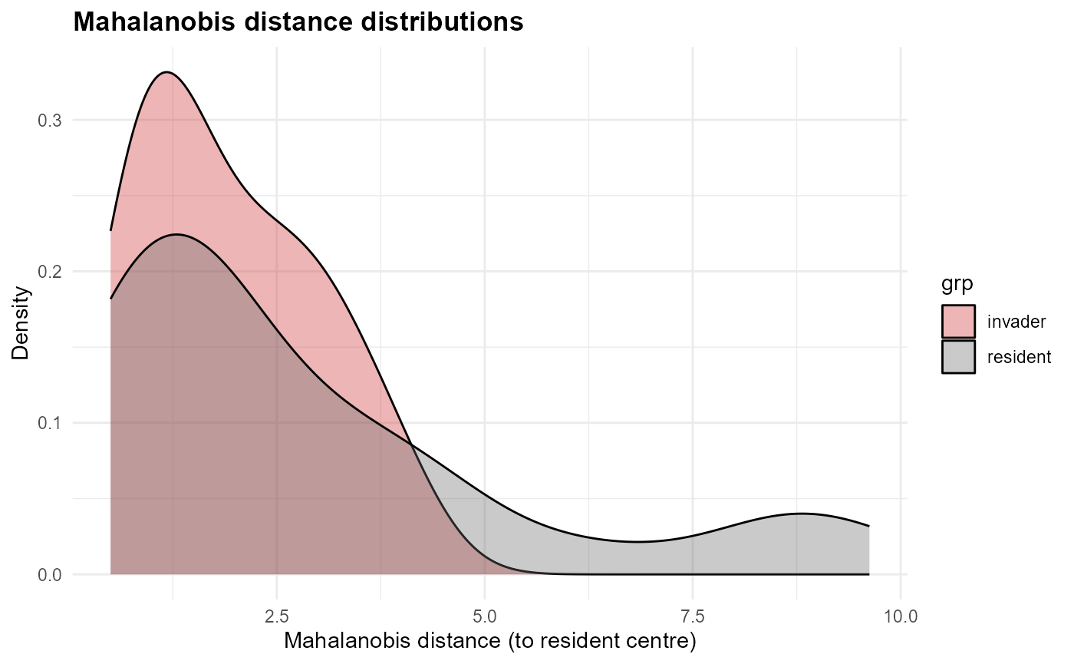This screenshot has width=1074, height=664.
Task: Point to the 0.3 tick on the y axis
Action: click(x=48, y=121)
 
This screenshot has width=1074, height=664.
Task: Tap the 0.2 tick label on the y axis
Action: click(x=48, y=272)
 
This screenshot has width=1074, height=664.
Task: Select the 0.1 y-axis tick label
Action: click(x=48, y=423)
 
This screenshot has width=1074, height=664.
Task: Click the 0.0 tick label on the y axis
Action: click(x=48, y=575)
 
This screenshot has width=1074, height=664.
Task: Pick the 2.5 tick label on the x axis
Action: click(x=276, y=616)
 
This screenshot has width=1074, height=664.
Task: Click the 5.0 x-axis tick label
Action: click(x=484, y=616)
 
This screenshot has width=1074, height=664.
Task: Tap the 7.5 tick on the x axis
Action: click(x=692, y=616)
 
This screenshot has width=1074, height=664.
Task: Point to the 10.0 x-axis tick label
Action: click(x=900, y=616)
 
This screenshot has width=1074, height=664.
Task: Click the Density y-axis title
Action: click(x=21, y=323)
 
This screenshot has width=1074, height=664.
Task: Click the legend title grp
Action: click(x=957, y=286)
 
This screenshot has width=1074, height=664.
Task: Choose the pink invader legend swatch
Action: click(x=958, y=322)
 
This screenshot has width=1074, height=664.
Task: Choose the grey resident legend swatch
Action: click(x=958, y=357)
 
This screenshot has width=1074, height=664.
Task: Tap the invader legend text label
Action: click(x=1016, y=322)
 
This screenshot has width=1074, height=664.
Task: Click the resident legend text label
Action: click(x=1019, y=357)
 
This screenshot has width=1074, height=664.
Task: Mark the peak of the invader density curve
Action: click(x=166, y=72)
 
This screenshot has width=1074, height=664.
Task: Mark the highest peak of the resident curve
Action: click(x=176, y=234)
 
